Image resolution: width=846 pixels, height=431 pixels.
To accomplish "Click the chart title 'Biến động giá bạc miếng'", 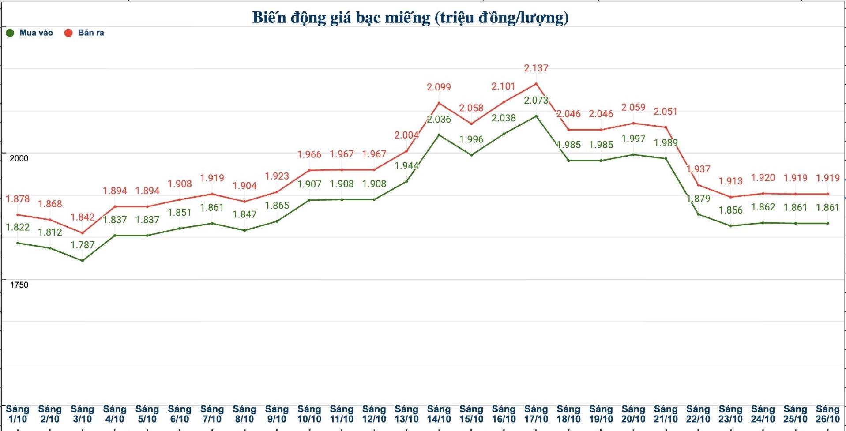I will [410, 18].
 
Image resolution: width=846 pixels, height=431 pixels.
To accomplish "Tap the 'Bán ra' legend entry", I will [85, 33].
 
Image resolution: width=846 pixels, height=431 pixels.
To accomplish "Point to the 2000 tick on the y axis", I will [19, 158].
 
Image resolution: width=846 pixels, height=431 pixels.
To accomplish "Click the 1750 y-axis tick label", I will [19, 285].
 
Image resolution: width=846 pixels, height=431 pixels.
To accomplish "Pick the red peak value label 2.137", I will [536, 68].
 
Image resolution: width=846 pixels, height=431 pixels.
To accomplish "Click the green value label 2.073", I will [536, 101].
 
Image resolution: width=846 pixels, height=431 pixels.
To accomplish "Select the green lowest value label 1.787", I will [83, 245].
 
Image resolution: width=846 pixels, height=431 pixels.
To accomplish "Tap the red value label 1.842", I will [83, 217].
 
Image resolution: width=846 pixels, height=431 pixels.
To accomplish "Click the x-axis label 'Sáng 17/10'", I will [536, 414].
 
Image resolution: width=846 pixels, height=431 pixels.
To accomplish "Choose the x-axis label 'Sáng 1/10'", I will [18, 414].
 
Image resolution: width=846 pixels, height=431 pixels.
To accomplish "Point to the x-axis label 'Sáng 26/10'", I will [827, 414].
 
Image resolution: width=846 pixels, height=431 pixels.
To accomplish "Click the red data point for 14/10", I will [439, 103].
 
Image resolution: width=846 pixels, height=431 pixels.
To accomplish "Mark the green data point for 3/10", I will [83, 261].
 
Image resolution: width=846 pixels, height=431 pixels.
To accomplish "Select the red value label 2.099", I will [439, 87].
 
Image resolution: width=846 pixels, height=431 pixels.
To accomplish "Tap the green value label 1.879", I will [698, 199].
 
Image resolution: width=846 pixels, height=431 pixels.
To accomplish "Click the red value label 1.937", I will [698, 169].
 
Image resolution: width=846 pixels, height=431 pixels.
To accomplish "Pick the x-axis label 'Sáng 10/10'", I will [309, 414].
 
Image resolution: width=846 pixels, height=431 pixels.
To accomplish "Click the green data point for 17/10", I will [536, 116].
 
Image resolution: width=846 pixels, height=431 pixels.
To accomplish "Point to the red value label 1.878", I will [18, 199].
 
